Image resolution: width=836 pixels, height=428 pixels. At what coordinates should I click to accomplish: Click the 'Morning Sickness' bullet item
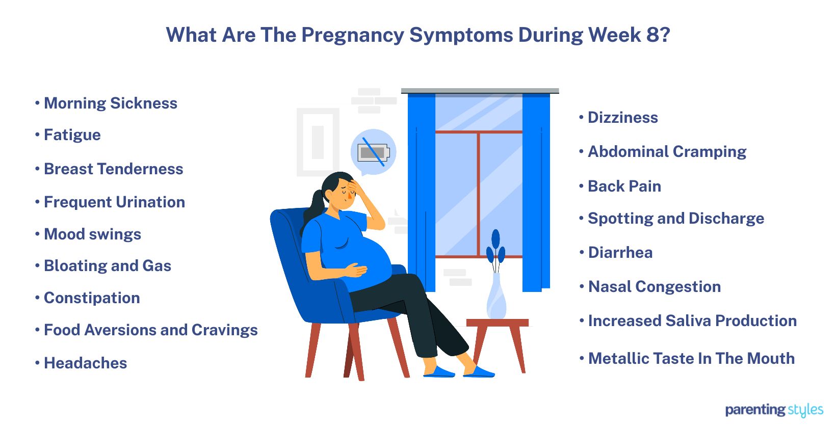(110, 103)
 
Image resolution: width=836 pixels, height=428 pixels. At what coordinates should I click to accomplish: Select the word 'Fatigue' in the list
(72, 135)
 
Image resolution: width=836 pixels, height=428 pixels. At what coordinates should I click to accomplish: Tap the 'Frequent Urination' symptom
(114, 202)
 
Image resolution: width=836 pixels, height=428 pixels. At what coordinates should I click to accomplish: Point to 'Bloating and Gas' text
(107, 266)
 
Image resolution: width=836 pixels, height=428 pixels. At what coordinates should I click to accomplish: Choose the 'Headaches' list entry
(85, 363)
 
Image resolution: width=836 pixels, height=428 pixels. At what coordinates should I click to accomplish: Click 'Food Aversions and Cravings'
(150, 330)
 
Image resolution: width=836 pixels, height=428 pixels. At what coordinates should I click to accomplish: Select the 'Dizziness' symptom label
(622, 118)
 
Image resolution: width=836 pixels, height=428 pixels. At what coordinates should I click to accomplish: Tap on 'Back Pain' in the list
(624, 186)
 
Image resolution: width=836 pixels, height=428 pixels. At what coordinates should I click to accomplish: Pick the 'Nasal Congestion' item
(654, 287)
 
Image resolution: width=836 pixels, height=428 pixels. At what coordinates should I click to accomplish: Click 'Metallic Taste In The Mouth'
(691, 359)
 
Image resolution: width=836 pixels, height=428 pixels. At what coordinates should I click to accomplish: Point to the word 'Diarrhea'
(620, 253)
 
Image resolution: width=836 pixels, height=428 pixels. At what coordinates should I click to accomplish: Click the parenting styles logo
(774, 410)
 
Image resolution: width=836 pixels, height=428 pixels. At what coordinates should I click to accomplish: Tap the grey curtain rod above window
(480, 91)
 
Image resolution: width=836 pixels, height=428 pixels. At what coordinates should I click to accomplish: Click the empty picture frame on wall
(318, 142)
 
